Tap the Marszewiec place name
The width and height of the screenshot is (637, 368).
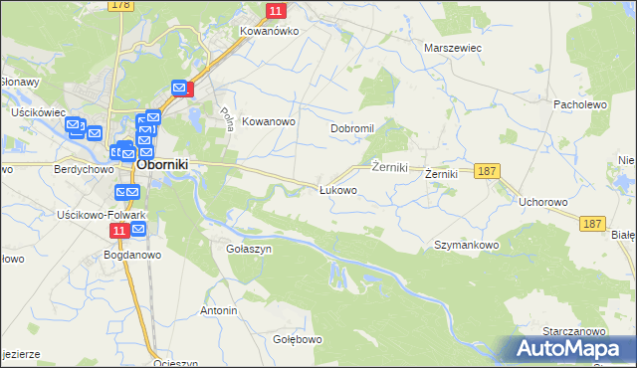pos(453,47)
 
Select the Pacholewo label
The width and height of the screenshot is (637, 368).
pos(580,103)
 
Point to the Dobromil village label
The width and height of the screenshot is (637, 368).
pos(351,128)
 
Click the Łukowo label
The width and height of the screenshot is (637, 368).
pos(337,190)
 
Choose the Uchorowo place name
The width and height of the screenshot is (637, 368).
pos(542,202)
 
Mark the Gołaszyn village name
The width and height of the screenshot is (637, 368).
pos(249,250)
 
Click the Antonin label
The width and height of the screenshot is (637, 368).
pos(219,311)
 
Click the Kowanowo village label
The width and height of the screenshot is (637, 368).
pos(270,121)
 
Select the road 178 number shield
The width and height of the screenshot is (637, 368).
pos(121,5)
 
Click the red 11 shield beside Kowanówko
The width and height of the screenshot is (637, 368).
pos(277,10)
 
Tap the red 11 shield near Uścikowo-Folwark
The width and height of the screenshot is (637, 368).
pos(119,231)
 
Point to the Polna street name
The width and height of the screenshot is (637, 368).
pos(226,120)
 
